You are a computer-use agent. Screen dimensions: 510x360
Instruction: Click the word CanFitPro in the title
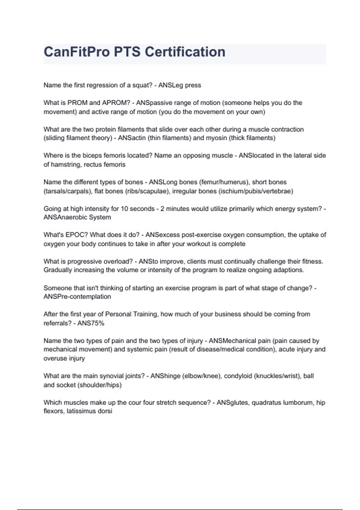tap(76, 52)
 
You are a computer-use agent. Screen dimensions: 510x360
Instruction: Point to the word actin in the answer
tap(139, 138)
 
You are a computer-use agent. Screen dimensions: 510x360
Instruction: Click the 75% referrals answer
tap(96, 323)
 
